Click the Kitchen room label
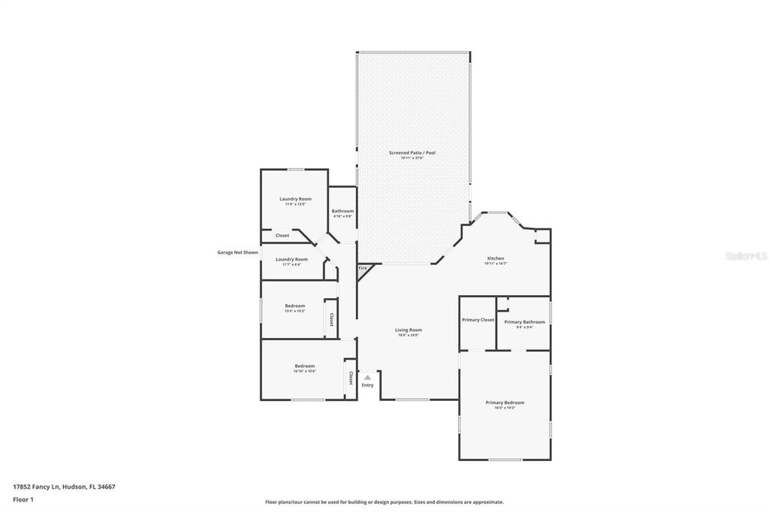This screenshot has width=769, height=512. (x=496, y=258)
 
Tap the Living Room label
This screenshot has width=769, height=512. (x=409, y=330)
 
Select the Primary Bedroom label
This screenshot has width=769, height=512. (x=505, y=402)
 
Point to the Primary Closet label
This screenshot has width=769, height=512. (x=478, y=320)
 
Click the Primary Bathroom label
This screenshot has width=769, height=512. (x=524, y=322)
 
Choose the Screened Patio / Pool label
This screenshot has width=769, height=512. (x=412, y=152)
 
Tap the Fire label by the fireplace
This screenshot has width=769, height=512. (x=363, y=268)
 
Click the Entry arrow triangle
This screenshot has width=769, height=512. (x=367, y=378)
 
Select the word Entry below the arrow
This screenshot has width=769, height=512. (x=367, y=385)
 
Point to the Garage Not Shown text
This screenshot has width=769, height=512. (x=237, y=252)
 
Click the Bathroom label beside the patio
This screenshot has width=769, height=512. (x=342, y=211)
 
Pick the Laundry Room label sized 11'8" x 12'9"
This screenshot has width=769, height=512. (x=295, y=199)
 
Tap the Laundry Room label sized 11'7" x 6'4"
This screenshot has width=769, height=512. (x=291, y=259)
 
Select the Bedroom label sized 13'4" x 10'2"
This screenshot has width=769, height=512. (x=294, y=306)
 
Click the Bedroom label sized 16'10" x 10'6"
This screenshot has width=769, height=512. (x=304, y=366)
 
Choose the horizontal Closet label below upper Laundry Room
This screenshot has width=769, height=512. (x=282, y=236)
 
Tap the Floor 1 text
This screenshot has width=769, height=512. (x=23, y=498)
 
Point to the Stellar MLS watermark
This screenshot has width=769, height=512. (x=746, y=256)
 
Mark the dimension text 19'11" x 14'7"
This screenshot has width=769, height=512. (x=496, y=264)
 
